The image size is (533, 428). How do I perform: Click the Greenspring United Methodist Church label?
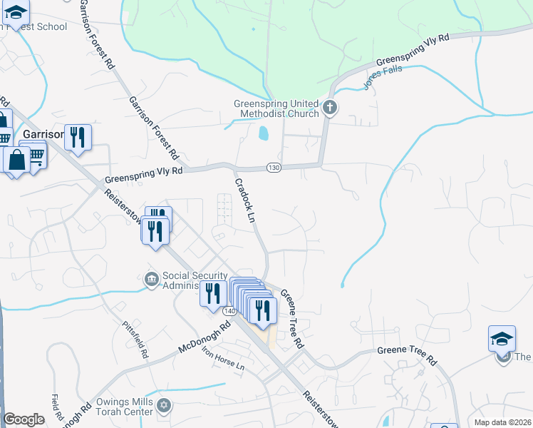[276, 108]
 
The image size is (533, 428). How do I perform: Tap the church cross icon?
[329, 108]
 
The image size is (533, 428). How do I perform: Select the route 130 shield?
[274, 168]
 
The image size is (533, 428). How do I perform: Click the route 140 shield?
[229, 311]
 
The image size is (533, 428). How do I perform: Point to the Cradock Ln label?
[244, 200]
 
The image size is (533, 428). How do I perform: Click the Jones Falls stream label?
[383, 77]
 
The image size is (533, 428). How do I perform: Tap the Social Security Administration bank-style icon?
[152, 279]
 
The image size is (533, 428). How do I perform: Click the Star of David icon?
[165, 406]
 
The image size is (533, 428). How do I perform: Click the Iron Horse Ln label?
[222, 358]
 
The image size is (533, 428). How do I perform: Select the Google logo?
[24, 419]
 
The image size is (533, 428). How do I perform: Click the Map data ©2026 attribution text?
[502, 422]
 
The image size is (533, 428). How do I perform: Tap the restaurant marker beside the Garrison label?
[78, 137]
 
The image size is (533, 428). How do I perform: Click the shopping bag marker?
[16, 160]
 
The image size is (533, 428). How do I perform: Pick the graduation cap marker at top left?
[16, 12]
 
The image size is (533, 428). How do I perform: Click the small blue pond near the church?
[264, 133]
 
